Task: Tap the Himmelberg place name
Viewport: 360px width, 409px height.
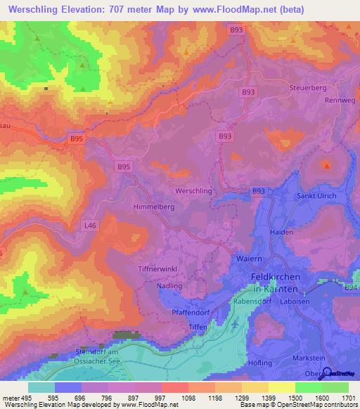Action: [x=153, y=207]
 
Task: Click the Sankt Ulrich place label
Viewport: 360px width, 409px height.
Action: [x=316, y=195]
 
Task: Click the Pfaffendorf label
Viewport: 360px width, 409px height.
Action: [x=191, y=311]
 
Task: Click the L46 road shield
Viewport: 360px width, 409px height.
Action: [x=89, y=226]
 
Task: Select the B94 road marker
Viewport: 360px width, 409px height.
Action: [x=350, y=287]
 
